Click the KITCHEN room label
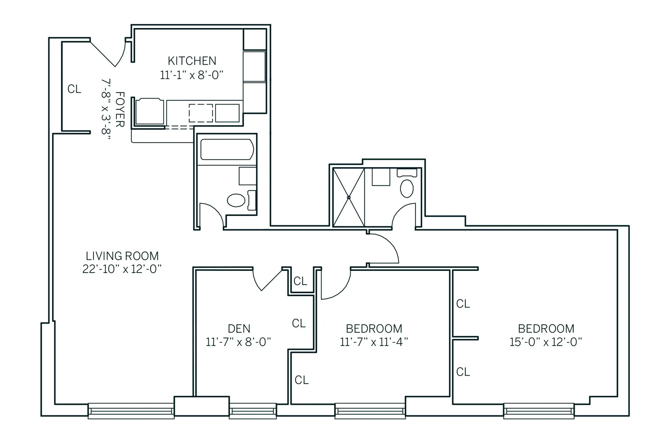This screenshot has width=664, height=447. coord(192,61)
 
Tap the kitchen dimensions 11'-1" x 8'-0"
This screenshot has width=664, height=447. coord(192,75)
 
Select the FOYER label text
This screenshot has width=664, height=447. coord(120,109)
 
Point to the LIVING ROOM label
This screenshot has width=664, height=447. coord(122,256)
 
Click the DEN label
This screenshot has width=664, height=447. coord(239,328)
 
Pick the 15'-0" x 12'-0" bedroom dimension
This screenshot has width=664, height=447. coord(546,342)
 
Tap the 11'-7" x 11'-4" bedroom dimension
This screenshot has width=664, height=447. coord(374,342)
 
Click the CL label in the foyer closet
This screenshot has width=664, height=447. coord(74,89)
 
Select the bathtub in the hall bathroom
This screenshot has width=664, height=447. coord(227,149)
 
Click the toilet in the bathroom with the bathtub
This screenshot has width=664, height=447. coord(237,200)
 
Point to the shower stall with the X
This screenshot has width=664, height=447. coord(349,198)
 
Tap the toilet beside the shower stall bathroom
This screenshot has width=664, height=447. coord(407,188)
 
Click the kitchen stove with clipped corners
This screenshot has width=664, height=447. coord(150,111)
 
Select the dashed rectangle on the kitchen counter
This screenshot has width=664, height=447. coord(201,113)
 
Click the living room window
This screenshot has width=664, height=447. coord(131,411)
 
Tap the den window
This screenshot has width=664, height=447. coord(253,411)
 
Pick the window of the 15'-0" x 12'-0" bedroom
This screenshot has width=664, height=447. coord(538,411)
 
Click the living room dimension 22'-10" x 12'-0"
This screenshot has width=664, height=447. coord(122,269)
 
